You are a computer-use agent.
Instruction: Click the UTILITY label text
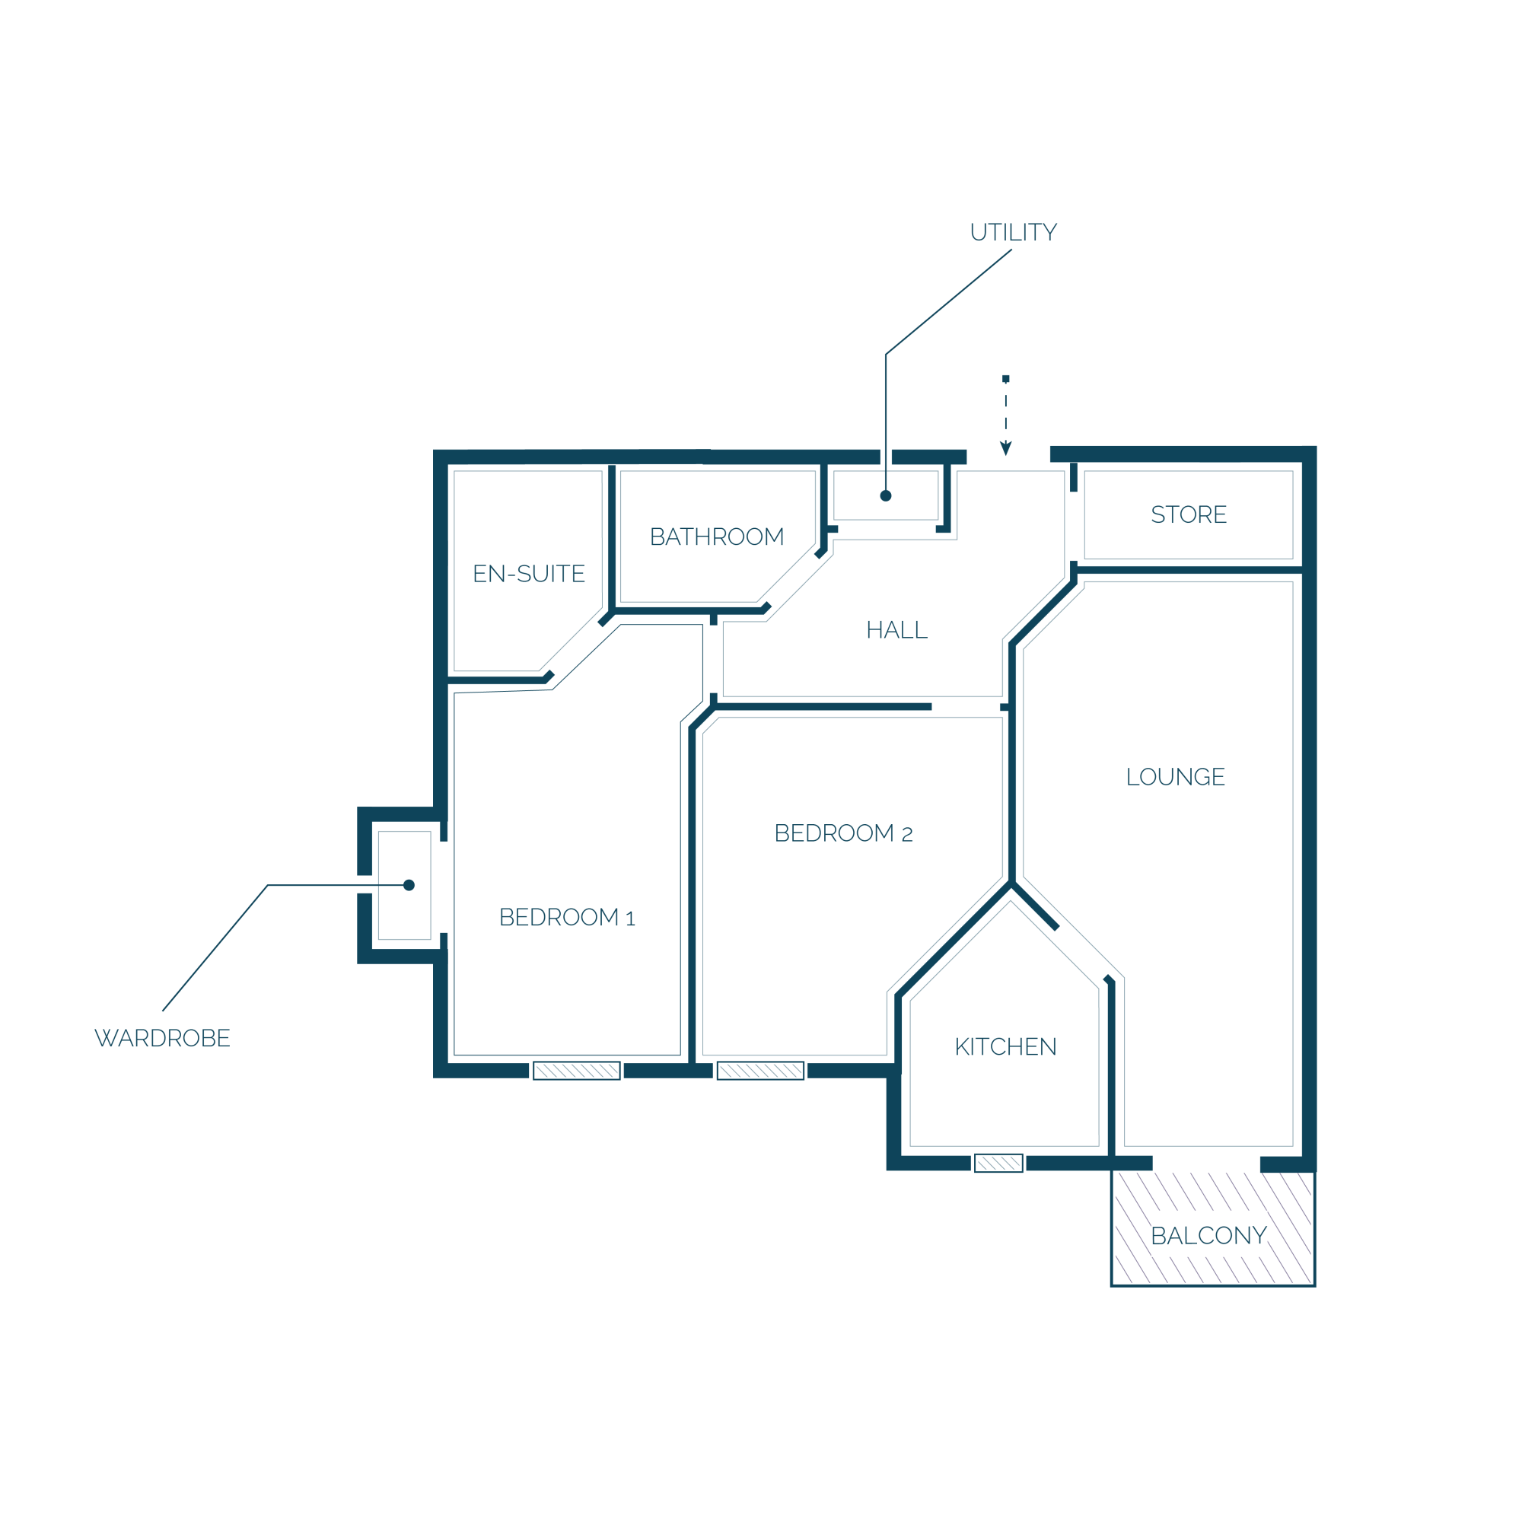coord(1013,232)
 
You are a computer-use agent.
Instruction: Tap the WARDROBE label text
coord(162,1038)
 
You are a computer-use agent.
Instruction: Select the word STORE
coord(1189,514)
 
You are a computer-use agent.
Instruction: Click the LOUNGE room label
coord(1176,777)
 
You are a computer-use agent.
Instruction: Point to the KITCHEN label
coord(1005,1047)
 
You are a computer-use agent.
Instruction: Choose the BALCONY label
coord(1208,1236)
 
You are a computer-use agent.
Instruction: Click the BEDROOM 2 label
coord(843,833)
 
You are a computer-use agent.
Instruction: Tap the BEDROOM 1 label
coord(566,918)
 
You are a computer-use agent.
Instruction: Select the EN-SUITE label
coord(529,574)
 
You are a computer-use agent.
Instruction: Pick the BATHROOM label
coord(717,537)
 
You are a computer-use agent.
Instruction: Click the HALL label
coord(896,630)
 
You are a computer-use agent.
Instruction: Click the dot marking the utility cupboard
coord(886,495)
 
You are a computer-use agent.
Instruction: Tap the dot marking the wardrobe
coord(409,885)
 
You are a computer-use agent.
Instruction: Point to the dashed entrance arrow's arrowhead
coord(1006,448)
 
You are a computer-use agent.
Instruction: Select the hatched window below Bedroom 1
coord(577,1071)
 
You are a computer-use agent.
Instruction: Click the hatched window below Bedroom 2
coord(760,1071)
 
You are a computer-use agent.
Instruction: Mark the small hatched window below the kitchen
coord(998,1163)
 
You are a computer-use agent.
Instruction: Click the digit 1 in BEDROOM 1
coord(630,919)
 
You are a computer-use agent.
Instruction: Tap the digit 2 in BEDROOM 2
coord(907,835)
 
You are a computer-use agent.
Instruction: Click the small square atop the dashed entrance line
coord(1006,379)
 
